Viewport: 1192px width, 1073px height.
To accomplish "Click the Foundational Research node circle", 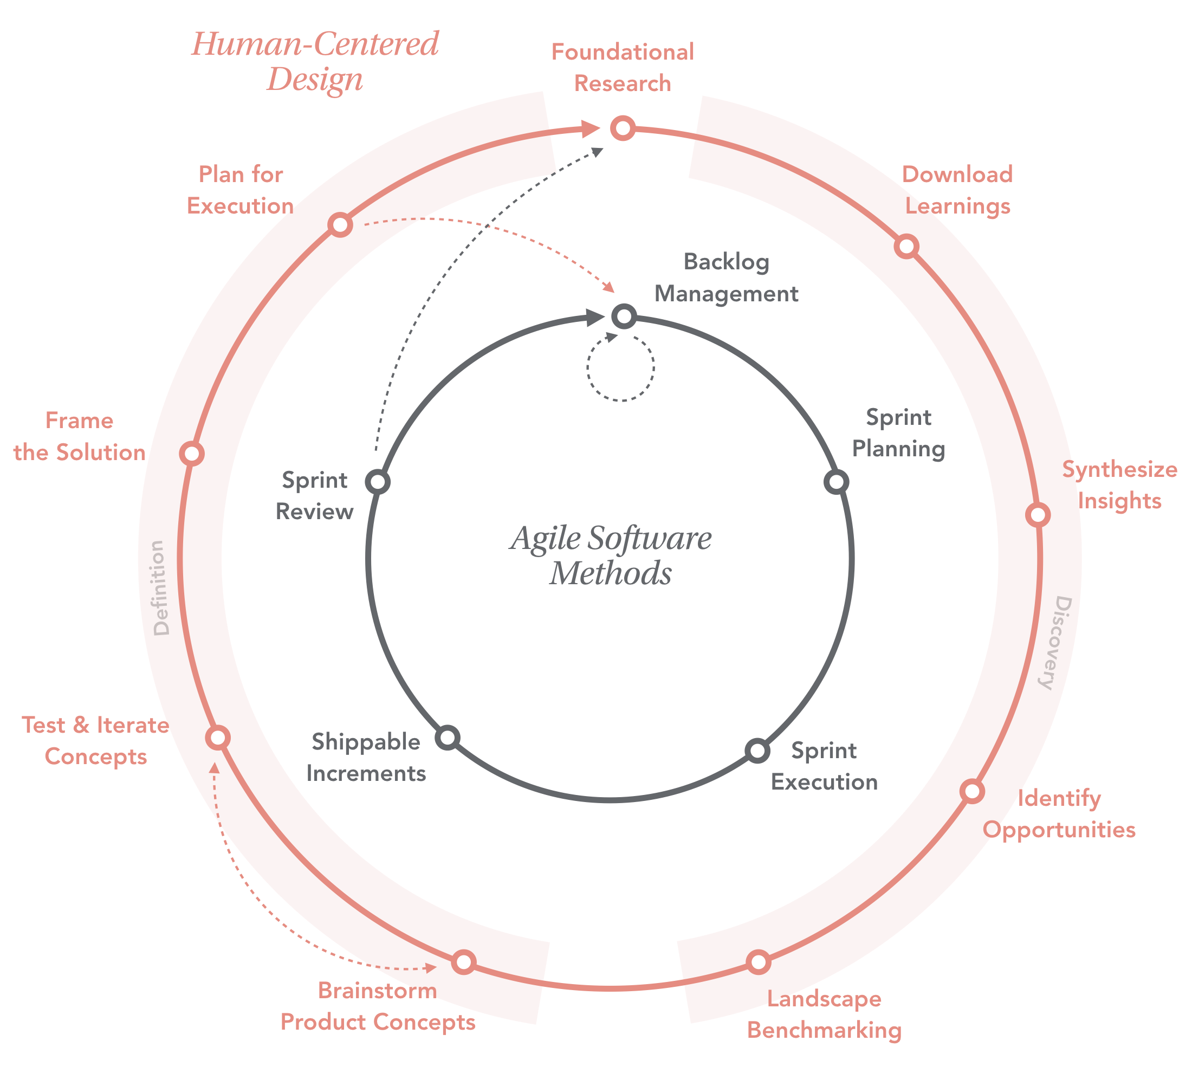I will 623,128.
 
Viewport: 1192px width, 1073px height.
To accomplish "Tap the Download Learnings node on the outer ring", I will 906,246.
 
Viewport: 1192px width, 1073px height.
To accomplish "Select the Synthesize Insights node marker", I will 1038,515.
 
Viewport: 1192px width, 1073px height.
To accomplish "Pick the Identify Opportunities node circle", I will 971,791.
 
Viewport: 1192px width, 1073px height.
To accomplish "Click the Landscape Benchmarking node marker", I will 758,962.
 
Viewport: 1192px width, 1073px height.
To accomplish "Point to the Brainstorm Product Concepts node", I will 464,962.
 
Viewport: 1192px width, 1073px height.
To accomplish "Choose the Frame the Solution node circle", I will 192,454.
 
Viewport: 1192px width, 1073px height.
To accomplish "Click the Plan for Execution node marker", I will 340,224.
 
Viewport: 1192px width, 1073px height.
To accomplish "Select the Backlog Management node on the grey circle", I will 624,316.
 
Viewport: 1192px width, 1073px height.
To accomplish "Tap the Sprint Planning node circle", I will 836,482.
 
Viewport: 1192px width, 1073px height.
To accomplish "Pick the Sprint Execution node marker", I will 757,751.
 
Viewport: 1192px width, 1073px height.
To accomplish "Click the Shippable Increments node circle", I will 448,738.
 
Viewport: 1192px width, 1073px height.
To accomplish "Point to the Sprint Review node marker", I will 377,482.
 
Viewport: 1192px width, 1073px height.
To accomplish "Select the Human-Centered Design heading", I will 315,61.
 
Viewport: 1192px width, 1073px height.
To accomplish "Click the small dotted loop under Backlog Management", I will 621,368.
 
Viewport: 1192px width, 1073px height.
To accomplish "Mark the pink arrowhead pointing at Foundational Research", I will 590,129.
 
